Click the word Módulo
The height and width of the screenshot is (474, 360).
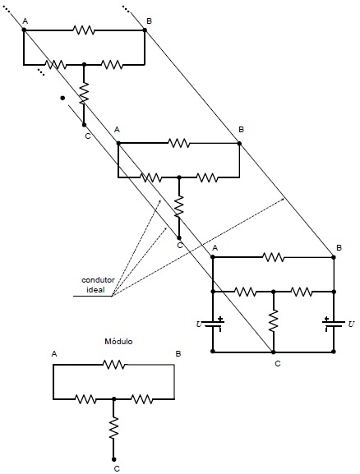point(118,341)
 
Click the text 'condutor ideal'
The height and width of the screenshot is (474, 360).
point(94,284)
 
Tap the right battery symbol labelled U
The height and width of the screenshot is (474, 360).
point(334,324)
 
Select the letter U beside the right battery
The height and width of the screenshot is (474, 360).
point(351,324)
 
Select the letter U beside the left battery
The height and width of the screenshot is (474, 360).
point(199,324)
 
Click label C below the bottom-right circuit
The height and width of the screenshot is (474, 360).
point(278,364)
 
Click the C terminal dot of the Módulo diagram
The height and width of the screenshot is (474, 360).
point(113,459)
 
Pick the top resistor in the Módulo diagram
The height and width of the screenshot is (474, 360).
point(114,365)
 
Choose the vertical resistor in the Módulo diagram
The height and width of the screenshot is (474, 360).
point(114,427)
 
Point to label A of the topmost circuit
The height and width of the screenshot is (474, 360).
point(25,21)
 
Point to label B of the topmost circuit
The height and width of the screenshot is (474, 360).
point(149,21)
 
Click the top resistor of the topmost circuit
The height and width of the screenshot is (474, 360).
point(84,30)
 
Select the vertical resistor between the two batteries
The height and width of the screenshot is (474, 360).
point(274,320)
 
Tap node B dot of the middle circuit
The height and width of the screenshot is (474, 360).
point(239,143)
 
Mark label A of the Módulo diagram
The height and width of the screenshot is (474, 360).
point(54,354)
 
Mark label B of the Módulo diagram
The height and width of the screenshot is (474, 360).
point(178,354)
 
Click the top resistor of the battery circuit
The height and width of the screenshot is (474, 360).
point(274,257)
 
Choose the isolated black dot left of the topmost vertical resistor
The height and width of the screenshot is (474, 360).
point(62,98)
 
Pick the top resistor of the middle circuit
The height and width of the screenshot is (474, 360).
point(179,143)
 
